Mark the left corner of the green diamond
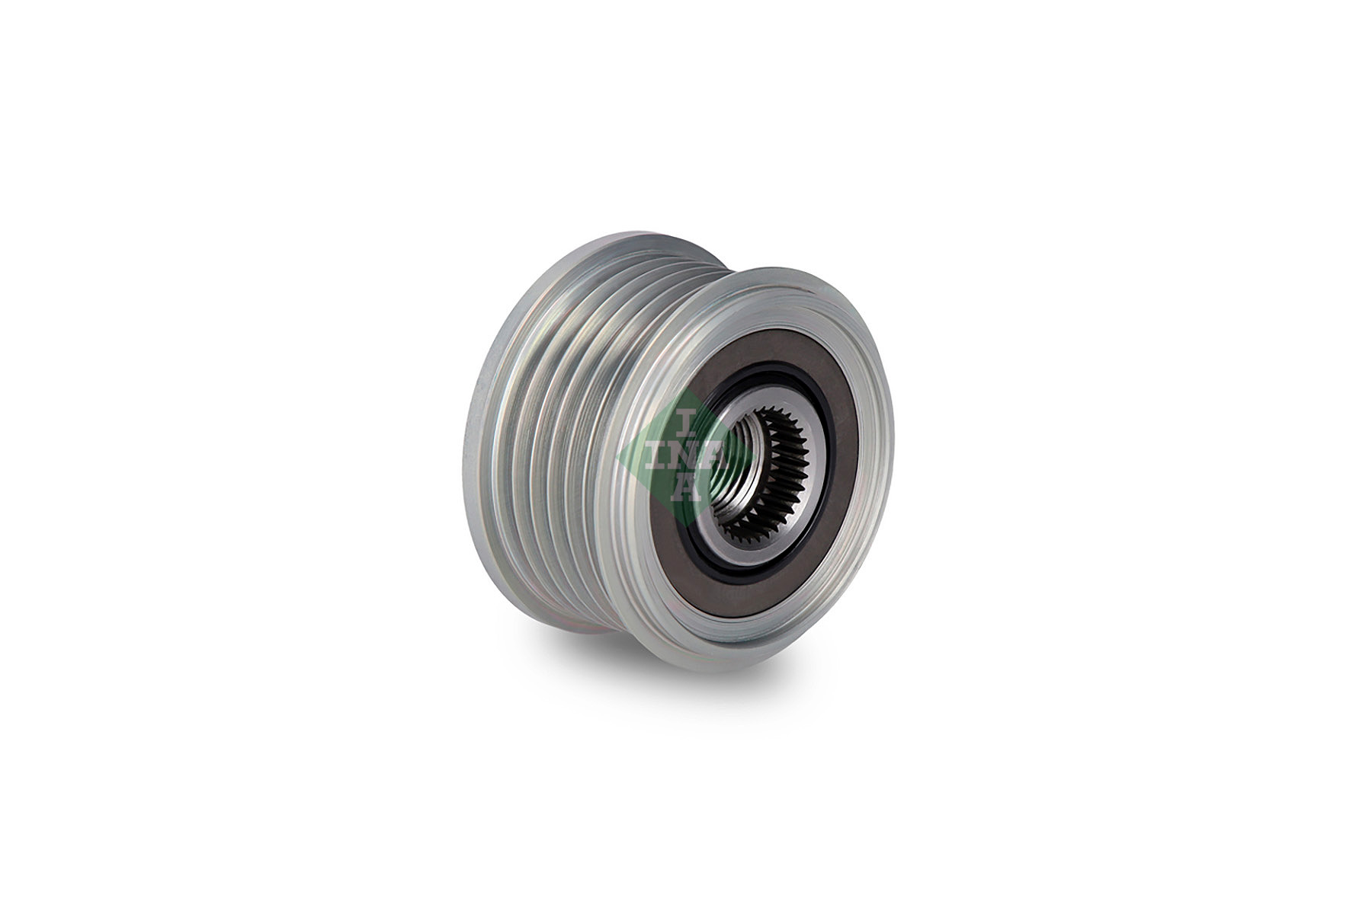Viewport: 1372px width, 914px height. coord(618,457)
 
